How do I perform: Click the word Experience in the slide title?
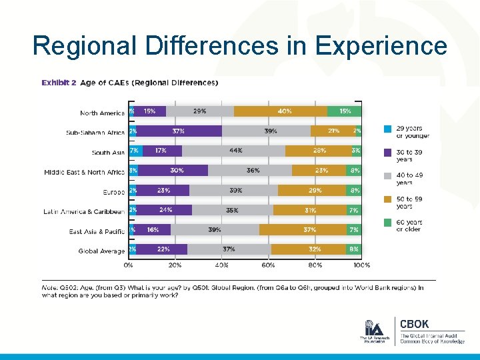(x=381, y=47)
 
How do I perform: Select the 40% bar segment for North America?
(x=280, y=111)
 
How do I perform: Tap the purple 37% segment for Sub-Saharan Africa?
(x=178, y=131)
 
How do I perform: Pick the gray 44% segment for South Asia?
(x=233, y=151)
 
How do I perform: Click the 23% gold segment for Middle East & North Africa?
(x=321, y=171)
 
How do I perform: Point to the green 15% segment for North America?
(x=345, y=111)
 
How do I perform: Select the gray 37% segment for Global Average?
(x=229, y=249)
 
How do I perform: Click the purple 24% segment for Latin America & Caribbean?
(x=165, y=210)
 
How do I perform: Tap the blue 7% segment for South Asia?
(x=135, y=151)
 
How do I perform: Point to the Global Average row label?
(x=101, y=251)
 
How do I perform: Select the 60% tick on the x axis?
(x=268, y=265)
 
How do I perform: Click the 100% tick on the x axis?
(x=361, y=265)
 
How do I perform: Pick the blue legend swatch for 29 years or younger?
(x=387, y=128)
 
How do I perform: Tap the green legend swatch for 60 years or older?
(x=387, y=222)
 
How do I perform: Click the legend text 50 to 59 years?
(x=409, y=202)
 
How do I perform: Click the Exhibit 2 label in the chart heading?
(x=59, y=83)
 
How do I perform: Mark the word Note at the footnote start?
(x=51, y=288)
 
